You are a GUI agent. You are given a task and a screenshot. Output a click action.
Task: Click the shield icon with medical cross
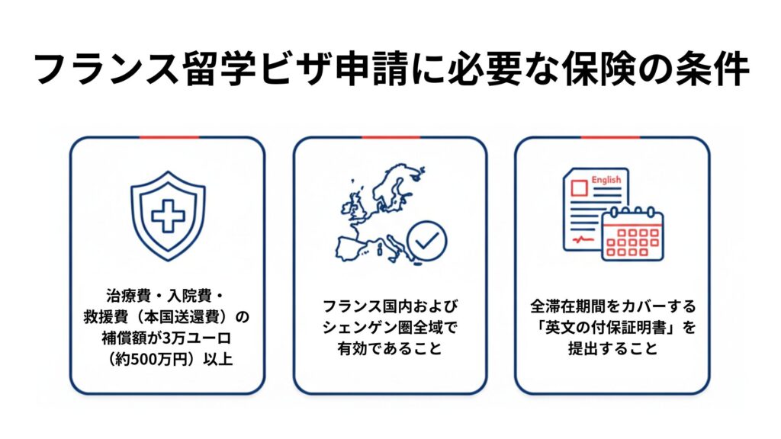(x=168, y=216)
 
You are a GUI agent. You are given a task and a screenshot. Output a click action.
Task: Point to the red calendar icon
(x=632, y=236)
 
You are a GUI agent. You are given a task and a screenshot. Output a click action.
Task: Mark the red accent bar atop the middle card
(x=390, y=138)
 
